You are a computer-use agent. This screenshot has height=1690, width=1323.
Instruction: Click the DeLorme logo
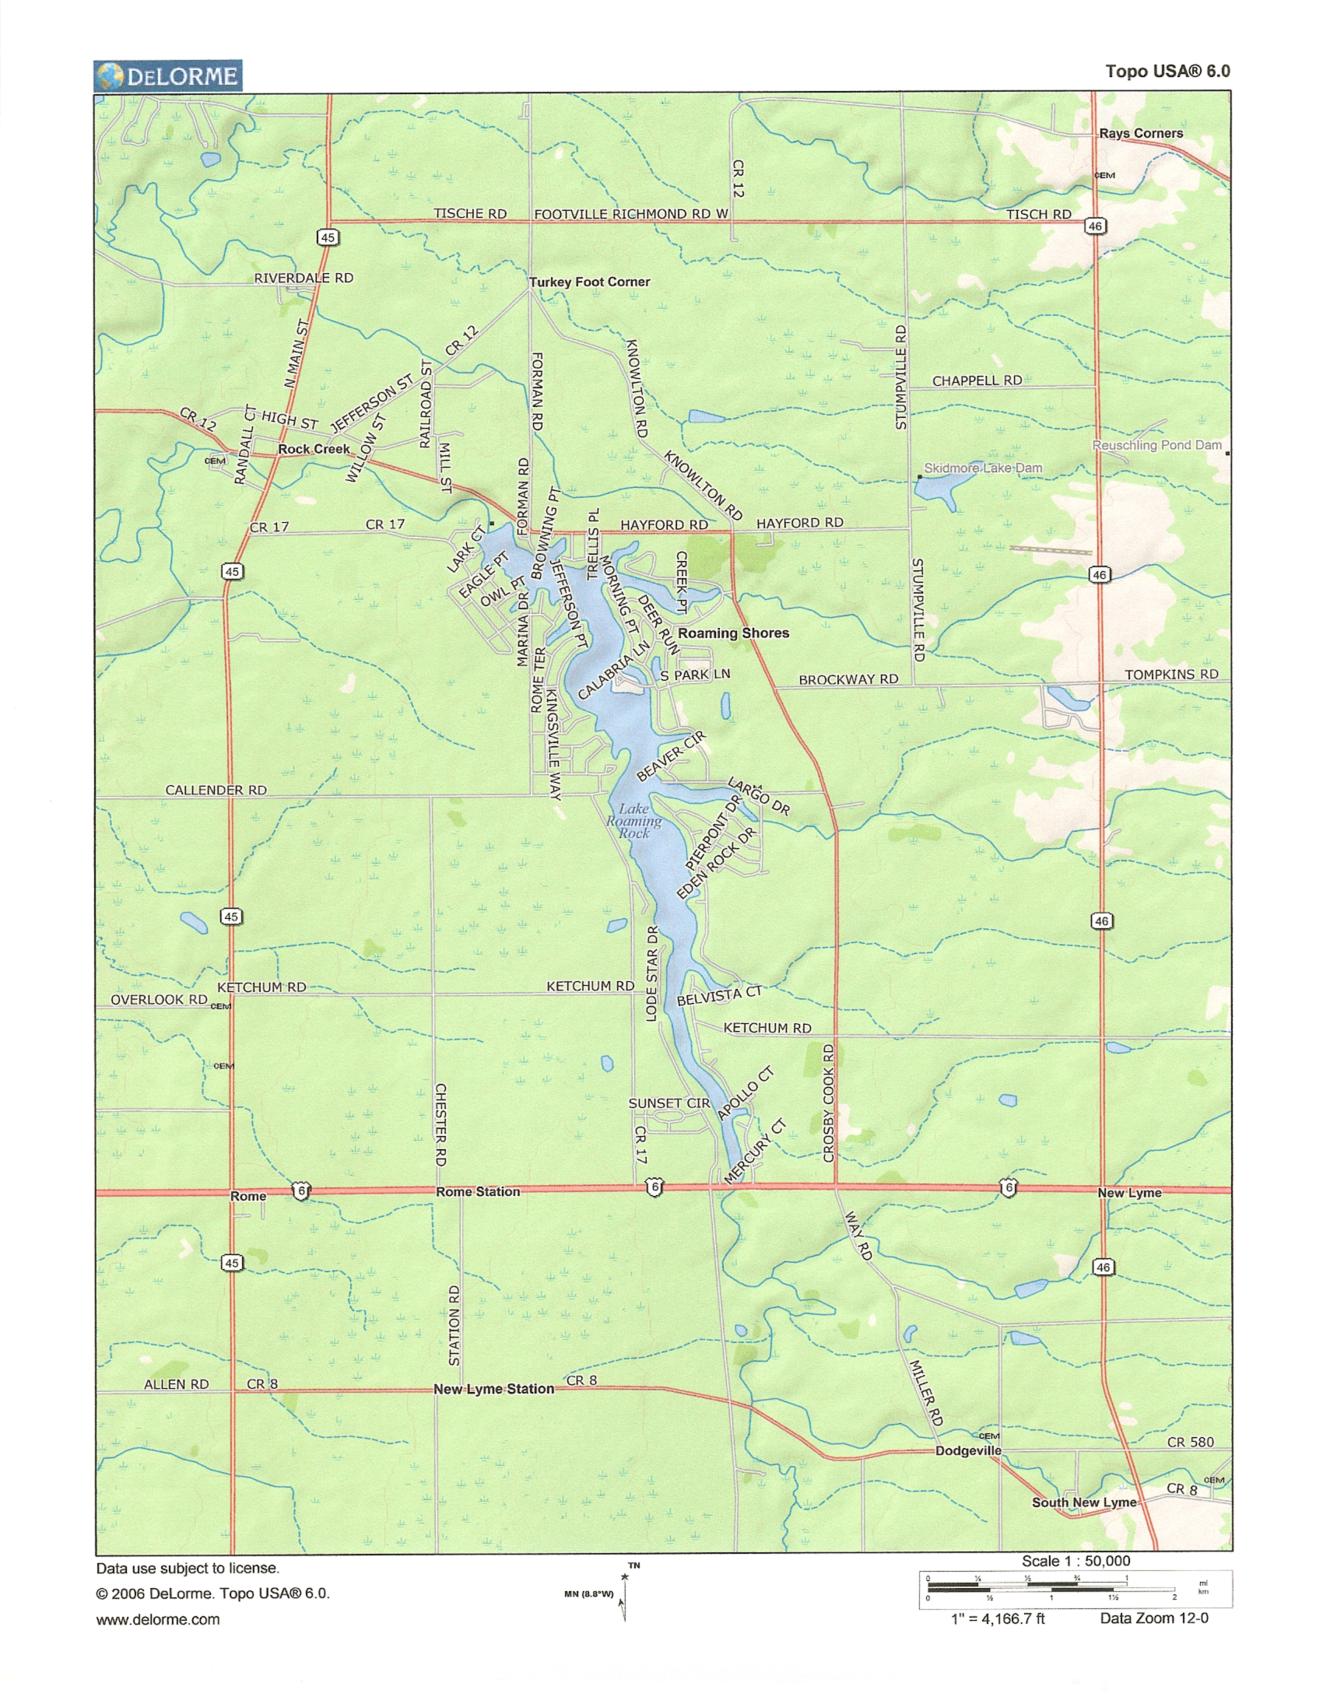click(167, 76)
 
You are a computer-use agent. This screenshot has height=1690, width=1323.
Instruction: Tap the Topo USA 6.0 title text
click(1167, 72)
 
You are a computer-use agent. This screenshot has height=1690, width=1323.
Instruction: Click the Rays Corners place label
click(1140, 133)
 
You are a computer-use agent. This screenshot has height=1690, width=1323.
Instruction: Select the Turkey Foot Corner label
click(589, 282)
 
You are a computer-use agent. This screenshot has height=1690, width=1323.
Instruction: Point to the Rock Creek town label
click(314, 449)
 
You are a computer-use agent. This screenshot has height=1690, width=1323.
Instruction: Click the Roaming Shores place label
click(733, 633)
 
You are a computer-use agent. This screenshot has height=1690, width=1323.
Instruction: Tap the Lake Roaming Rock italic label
click(634, 821)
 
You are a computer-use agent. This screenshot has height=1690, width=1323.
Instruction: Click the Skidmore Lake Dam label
click(982, 468)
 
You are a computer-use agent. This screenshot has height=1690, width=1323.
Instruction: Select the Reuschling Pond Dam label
click(1156, 445)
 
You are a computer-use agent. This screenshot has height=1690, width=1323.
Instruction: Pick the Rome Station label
click(477, 1191)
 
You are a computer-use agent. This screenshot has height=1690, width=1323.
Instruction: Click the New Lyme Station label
click(493, 1389)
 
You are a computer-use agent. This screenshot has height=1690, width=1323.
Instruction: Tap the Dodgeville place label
click(968, 1450)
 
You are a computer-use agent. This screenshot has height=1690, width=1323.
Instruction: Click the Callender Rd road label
click(216, 790)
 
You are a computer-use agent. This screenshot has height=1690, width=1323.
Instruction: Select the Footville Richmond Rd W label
click(631, 214)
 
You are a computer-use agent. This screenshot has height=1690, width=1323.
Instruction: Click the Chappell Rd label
click(977, 380)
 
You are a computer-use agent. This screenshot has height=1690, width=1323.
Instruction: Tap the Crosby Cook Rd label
click(829, 1103)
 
